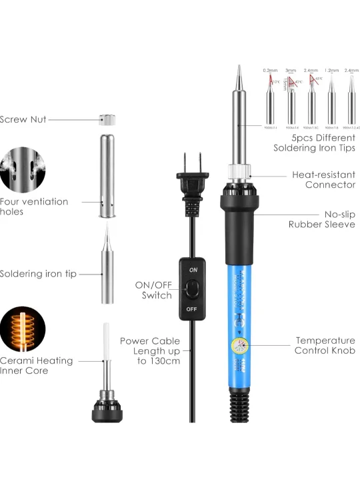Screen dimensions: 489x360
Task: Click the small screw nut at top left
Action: [x=107, y=120]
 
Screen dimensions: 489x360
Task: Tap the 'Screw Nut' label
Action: [x=23, y=120]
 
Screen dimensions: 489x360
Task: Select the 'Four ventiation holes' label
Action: [x=33, y=207]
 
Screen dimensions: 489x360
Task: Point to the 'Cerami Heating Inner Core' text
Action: [x=36, y=366]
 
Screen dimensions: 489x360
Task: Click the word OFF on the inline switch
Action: [x=193, y=309]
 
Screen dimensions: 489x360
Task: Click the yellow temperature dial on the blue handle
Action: [x=237, y=346]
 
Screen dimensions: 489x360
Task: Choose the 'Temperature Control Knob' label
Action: [x=325, y=345]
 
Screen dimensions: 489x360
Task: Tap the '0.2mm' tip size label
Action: [x=270, y=71]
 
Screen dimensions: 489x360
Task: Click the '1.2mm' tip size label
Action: [x=331, y=71]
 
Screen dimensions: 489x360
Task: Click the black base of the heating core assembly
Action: [x=107, y=410]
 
